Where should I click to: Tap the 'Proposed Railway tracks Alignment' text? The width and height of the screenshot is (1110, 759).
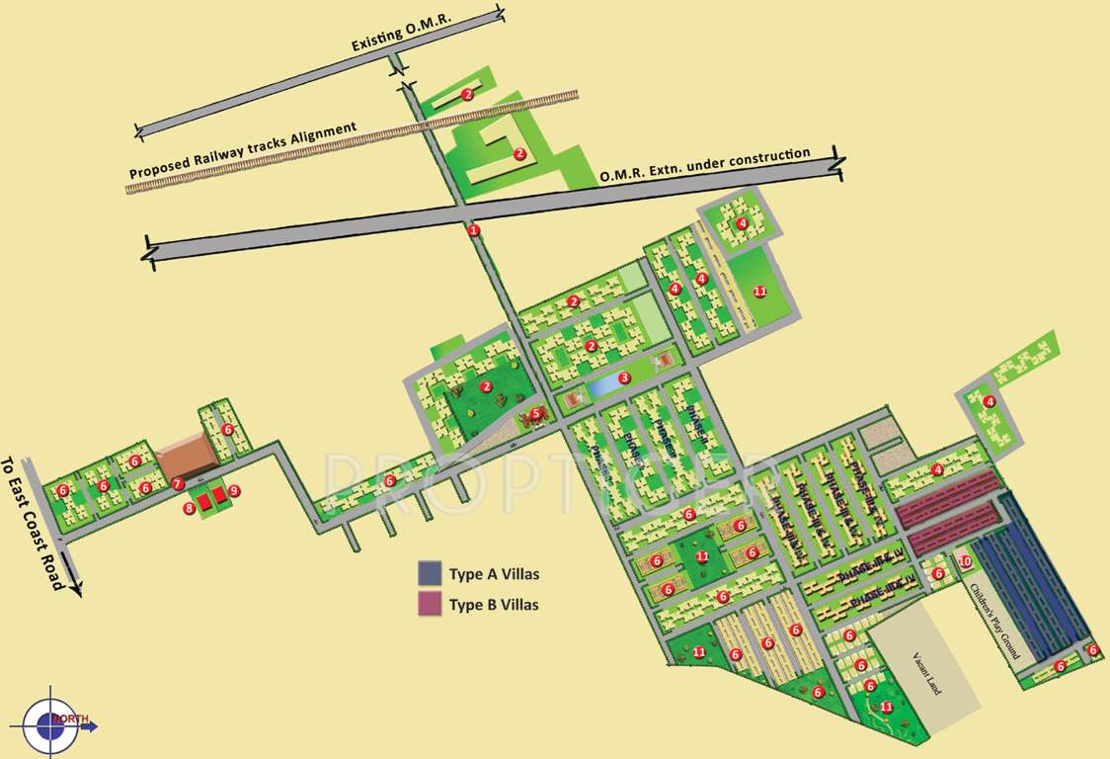(243, 152)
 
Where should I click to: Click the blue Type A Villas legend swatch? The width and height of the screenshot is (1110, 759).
(430, 573)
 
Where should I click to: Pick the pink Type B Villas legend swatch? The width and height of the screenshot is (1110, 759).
(430, 604)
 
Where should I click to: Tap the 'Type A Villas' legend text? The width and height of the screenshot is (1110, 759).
(494, 573)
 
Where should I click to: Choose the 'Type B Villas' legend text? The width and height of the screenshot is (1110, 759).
(494, 605)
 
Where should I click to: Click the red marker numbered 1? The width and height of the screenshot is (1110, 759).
(473, 230)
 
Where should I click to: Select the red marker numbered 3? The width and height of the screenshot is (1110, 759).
(623, 378)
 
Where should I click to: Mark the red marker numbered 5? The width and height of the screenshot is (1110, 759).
(536, 413)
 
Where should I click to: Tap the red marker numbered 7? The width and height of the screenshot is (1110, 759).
(177, 484)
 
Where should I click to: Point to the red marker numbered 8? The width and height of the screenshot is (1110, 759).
(189, 508)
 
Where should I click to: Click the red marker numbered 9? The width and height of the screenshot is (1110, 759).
(234, 490)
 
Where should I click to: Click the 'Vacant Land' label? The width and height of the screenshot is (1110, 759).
(928, 672)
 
